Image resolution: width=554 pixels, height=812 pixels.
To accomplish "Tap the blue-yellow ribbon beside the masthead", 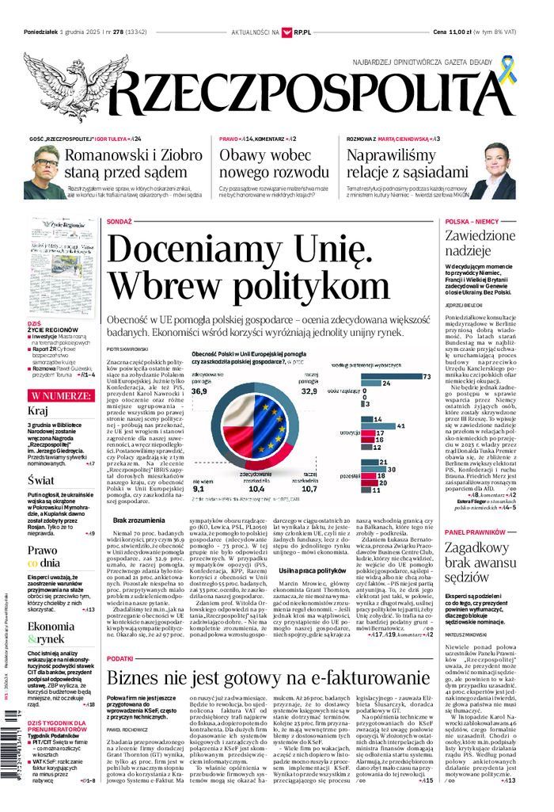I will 507,71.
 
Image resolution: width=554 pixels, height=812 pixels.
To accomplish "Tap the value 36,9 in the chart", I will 199,390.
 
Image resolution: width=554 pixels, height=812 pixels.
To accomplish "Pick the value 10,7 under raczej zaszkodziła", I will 309,489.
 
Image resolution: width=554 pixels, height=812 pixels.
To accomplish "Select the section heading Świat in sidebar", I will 40,480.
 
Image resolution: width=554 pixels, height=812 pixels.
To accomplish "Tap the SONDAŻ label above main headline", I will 119,223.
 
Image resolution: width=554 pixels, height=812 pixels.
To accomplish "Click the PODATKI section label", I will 120,658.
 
